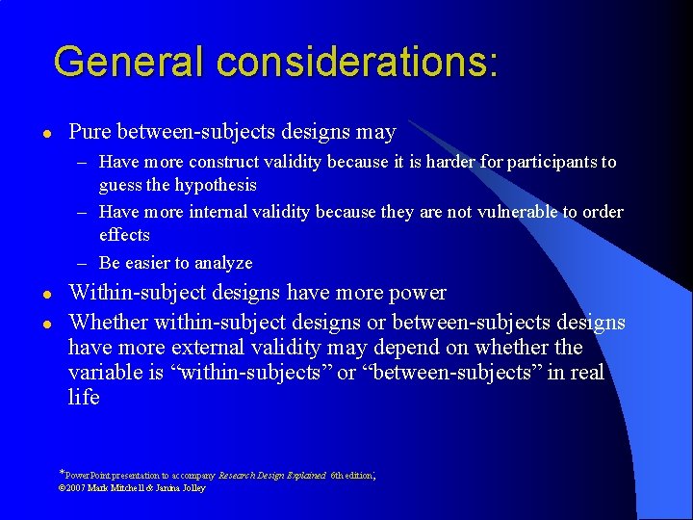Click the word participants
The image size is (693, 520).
coord(555,162)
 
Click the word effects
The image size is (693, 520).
coord(124,235)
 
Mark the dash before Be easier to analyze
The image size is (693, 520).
coord(85,263)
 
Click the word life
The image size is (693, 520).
coord(84,397)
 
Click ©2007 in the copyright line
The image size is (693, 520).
coord(73,488)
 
